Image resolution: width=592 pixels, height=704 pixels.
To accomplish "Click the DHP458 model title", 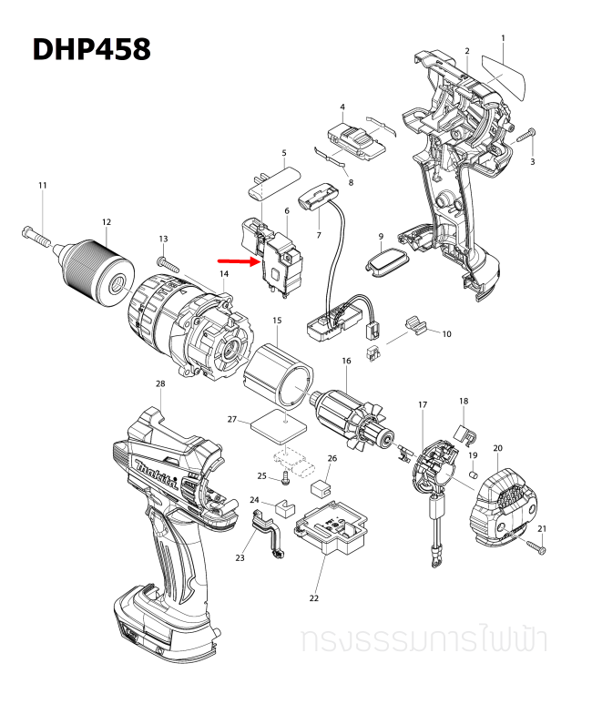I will tap(91, 48).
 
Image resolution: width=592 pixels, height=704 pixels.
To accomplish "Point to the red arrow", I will tap(239, 260).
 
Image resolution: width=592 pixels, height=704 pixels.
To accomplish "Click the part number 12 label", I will tap(107, 221).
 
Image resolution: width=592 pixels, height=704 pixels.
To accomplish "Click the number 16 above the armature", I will tap(346, 362).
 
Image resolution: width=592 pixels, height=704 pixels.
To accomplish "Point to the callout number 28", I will tap(160, 383).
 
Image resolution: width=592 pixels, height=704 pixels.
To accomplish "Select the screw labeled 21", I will tap(536, 546).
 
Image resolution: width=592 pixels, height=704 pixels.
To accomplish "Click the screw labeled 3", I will tap(526, 138).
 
